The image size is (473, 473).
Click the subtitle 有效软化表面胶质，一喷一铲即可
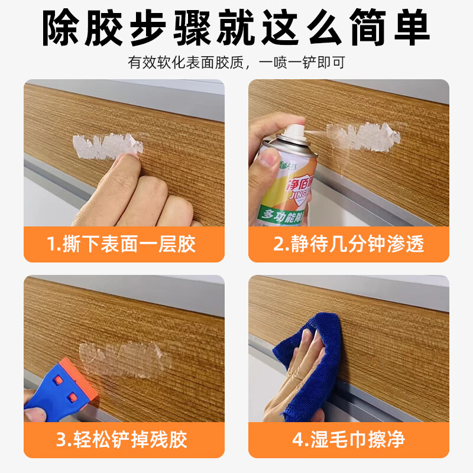coord(237,61)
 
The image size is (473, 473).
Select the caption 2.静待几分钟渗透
coord(349,244)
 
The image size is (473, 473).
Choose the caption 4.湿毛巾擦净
coord(349,439)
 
